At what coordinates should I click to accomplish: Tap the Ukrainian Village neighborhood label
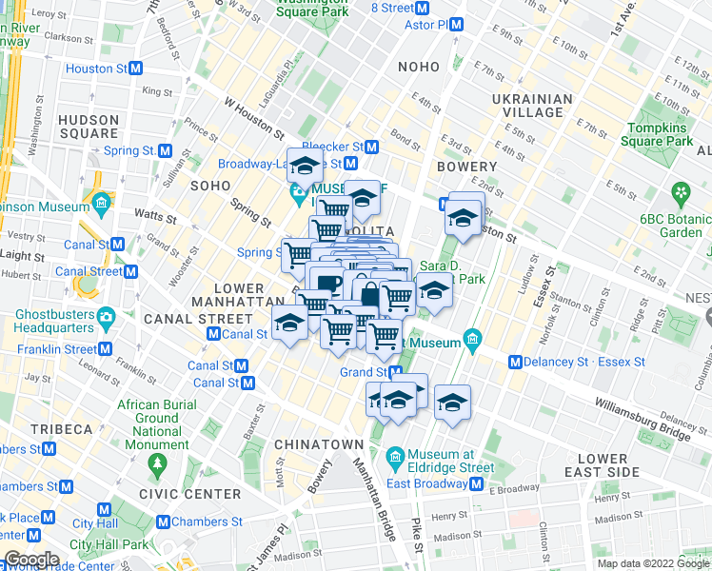click(x=532, y=106)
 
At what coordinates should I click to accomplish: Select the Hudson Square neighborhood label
click(x=89, y=127)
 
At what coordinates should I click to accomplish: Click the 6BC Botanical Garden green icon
click(x=682, y=194)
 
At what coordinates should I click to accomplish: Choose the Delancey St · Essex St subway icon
click(x=516, y=362)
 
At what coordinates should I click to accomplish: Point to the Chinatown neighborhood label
click(x=319, y=444)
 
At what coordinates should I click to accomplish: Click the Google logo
click(x=30, y=560)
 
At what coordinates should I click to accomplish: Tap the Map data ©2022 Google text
click(x=653, y=563)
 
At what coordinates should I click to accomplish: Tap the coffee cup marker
click(x=329, y=283)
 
